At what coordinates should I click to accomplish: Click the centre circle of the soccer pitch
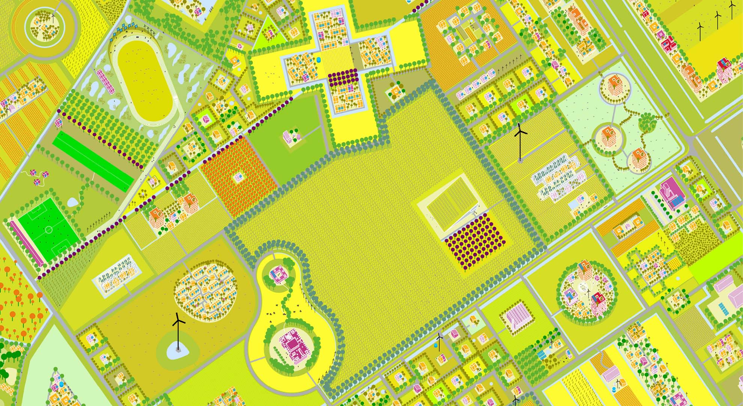click(49, 229)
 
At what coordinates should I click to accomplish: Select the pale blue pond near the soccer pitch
click(74, 202)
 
